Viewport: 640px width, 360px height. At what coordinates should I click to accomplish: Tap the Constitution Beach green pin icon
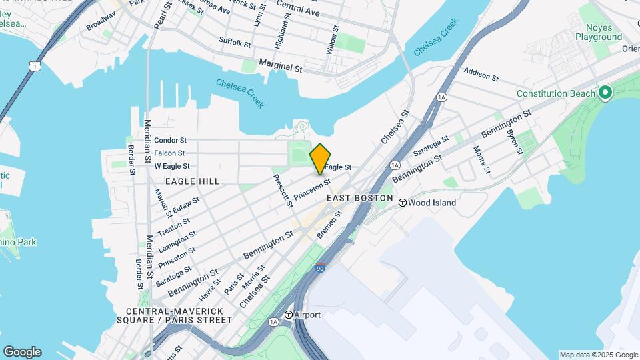point(605,93)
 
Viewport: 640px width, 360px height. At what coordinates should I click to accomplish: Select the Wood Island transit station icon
point(403,203)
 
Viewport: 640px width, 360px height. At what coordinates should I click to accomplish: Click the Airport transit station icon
point(288,315)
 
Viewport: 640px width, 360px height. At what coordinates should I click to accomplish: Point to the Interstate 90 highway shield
point(321,268)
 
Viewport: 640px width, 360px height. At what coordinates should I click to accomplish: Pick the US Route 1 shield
point(33,65)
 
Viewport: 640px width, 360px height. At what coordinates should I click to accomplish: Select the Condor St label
point(170,141)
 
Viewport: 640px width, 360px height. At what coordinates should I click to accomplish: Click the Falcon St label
point(169,153)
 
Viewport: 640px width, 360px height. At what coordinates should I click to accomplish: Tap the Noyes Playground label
point(603,32)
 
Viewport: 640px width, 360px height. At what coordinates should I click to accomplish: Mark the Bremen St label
point(329,224)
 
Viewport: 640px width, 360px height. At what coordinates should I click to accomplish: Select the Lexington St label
point(178,242)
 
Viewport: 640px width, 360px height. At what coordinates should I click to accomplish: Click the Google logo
point(22,352)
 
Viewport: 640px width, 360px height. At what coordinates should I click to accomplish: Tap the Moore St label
point(481,161)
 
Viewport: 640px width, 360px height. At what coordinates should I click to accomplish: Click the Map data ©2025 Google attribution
point(599,355)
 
